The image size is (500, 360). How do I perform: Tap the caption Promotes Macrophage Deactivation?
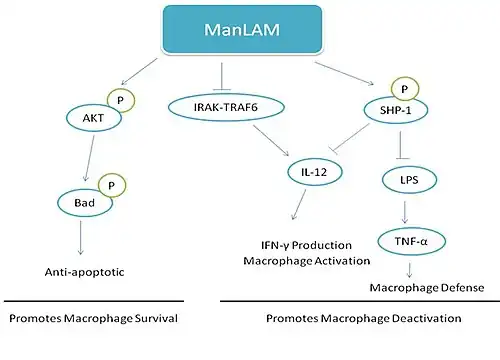pyautogui.click(x=365, y=319)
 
